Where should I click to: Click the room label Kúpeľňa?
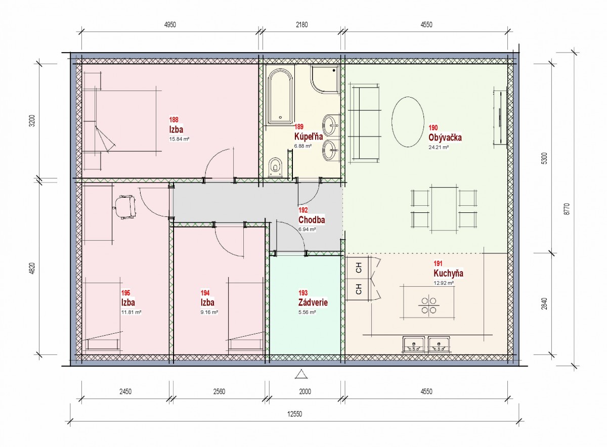coord(309,136)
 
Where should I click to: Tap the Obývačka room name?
coord(445,138)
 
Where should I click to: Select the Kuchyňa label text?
coord(448,274)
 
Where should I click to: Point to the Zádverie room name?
coord(313,302)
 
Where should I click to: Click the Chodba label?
coord(312,219)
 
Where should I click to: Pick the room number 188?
coord(174,120)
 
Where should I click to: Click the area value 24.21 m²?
coord(439,147)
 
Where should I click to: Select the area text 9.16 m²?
coord(209,312)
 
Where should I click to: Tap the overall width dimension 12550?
coord(294,414)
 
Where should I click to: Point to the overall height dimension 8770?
coord(567,209)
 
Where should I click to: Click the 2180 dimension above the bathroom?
coord(301,25)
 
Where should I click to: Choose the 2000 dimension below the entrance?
coord(305,391)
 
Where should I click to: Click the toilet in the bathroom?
coord(276,167)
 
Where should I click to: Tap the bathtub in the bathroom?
coord(280,97)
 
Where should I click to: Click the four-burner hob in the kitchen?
coord(428,305)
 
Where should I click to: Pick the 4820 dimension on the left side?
coord(32,268)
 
